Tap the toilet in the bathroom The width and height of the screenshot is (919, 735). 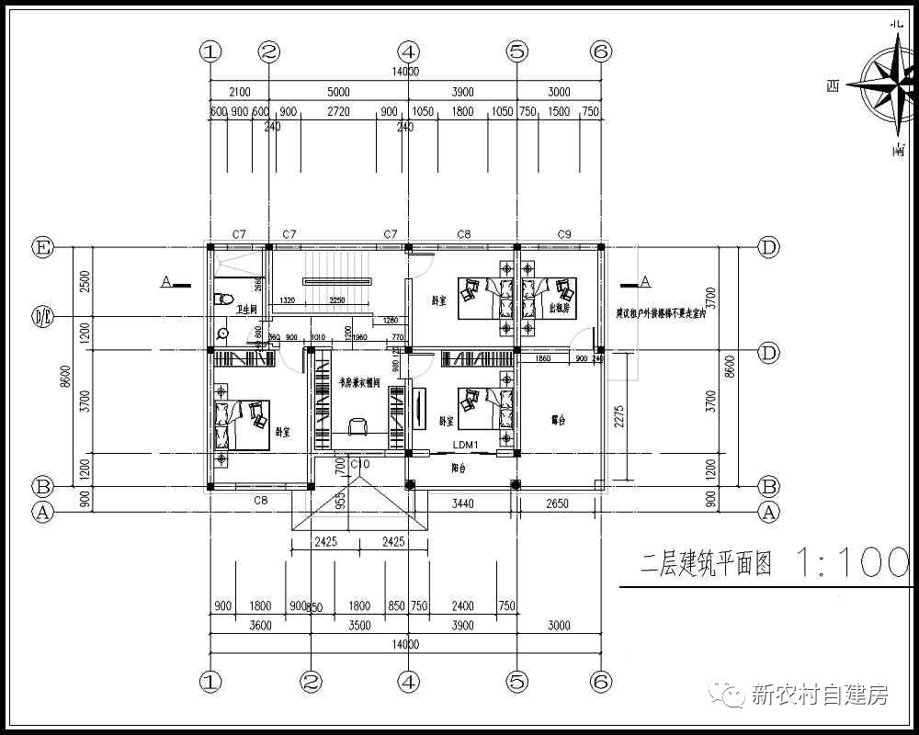pos(221,300)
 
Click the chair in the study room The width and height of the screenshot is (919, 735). pos(357,424)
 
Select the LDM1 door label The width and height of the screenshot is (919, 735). pos(466,446)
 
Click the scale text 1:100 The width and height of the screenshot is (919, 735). pos(851,562)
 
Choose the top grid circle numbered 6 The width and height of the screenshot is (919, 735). pos(601,51)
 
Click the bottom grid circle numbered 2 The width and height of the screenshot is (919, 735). pos(312,681)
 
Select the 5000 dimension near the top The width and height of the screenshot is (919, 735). pos(338,92)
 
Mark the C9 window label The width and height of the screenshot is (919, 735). pos(564,235)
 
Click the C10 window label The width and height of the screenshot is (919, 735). pos(359,466)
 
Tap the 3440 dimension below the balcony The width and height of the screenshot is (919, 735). pos(462,503)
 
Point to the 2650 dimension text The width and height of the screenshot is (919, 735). pos(557,503)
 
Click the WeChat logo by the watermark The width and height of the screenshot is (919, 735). pos(732,695)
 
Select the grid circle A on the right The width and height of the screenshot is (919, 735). pos(769,512)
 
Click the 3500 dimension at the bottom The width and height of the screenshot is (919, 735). pos(359,626)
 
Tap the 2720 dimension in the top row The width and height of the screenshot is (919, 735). pos(338,111)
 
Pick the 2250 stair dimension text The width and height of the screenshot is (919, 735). pos(337,300)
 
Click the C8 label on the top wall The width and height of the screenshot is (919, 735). pos(464,235)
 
